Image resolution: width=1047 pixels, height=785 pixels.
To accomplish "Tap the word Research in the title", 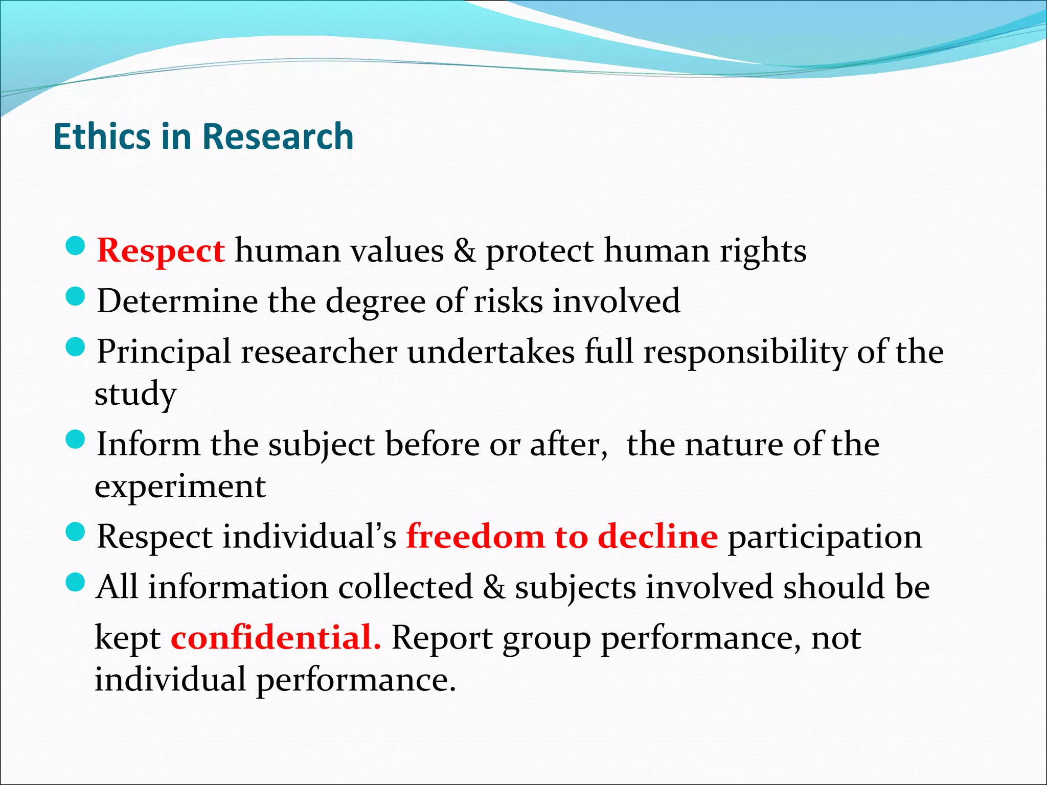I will click(x=278, y=137).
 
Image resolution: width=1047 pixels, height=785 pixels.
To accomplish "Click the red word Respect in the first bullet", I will click(x=161, y=251).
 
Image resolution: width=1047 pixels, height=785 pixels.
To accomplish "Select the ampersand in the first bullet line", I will click(x=464, y=251).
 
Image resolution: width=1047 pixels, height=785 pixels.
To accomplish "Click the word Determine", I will click(x=177, y=301).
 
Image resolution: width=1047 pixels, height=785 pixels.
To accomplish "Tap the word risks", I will click(x=508, y=301).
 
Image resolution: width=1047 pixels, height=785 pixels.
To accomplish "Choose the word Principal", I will click(x=164, y=353).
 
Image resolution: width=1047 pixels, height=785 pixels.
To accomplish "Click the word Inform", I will click(x=148, y=444).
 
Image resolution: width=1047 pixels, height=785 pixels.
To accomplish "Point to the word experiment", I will click(x=180, y=487).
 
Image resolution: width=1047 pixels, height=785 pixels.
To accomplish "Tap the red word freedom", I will click(x=475, y=537).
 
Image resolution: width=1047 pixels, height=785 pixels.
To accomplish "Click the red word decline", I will click(x=657, y=537).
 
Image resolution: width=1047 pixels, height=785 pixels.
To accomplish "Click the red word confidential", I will click(x=276, y=638).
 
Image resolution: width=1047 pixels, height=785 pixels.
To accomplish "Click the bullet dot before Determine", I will click(x=75, y=296).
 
